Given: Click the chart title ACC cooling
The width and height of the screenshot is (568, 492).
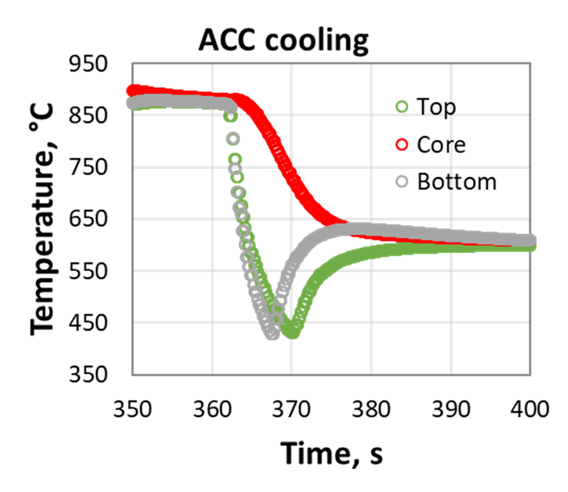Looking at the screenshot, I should click(x=283, y=40).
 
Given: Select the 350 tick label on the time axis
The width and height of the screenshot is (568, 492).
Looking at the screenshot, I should click(x=132, y=409).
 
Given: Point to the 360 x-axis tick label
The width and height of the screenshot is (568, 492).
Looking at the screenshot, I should click(x=212, y=409).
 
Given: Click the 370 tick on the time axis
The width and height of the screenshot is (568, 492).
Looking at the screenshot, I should click(x=291, y=409).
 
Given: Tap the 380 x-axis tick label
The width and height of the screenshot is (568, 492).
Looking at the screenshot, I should click(x=371, y=409).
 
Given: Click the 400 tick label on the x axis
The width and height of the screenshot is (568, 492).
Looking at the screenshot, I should click(x=529, y=409).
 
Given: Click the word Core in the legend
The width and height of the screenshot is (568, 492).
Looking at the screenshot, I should click(x=440, y=145).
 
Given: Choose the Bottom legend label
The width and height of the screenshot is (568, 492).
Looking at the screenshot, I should click(x=456, y=182).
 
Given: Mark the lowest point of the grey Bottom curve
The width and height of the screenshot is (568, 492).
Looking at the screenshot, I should click(x=272, y=334).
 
